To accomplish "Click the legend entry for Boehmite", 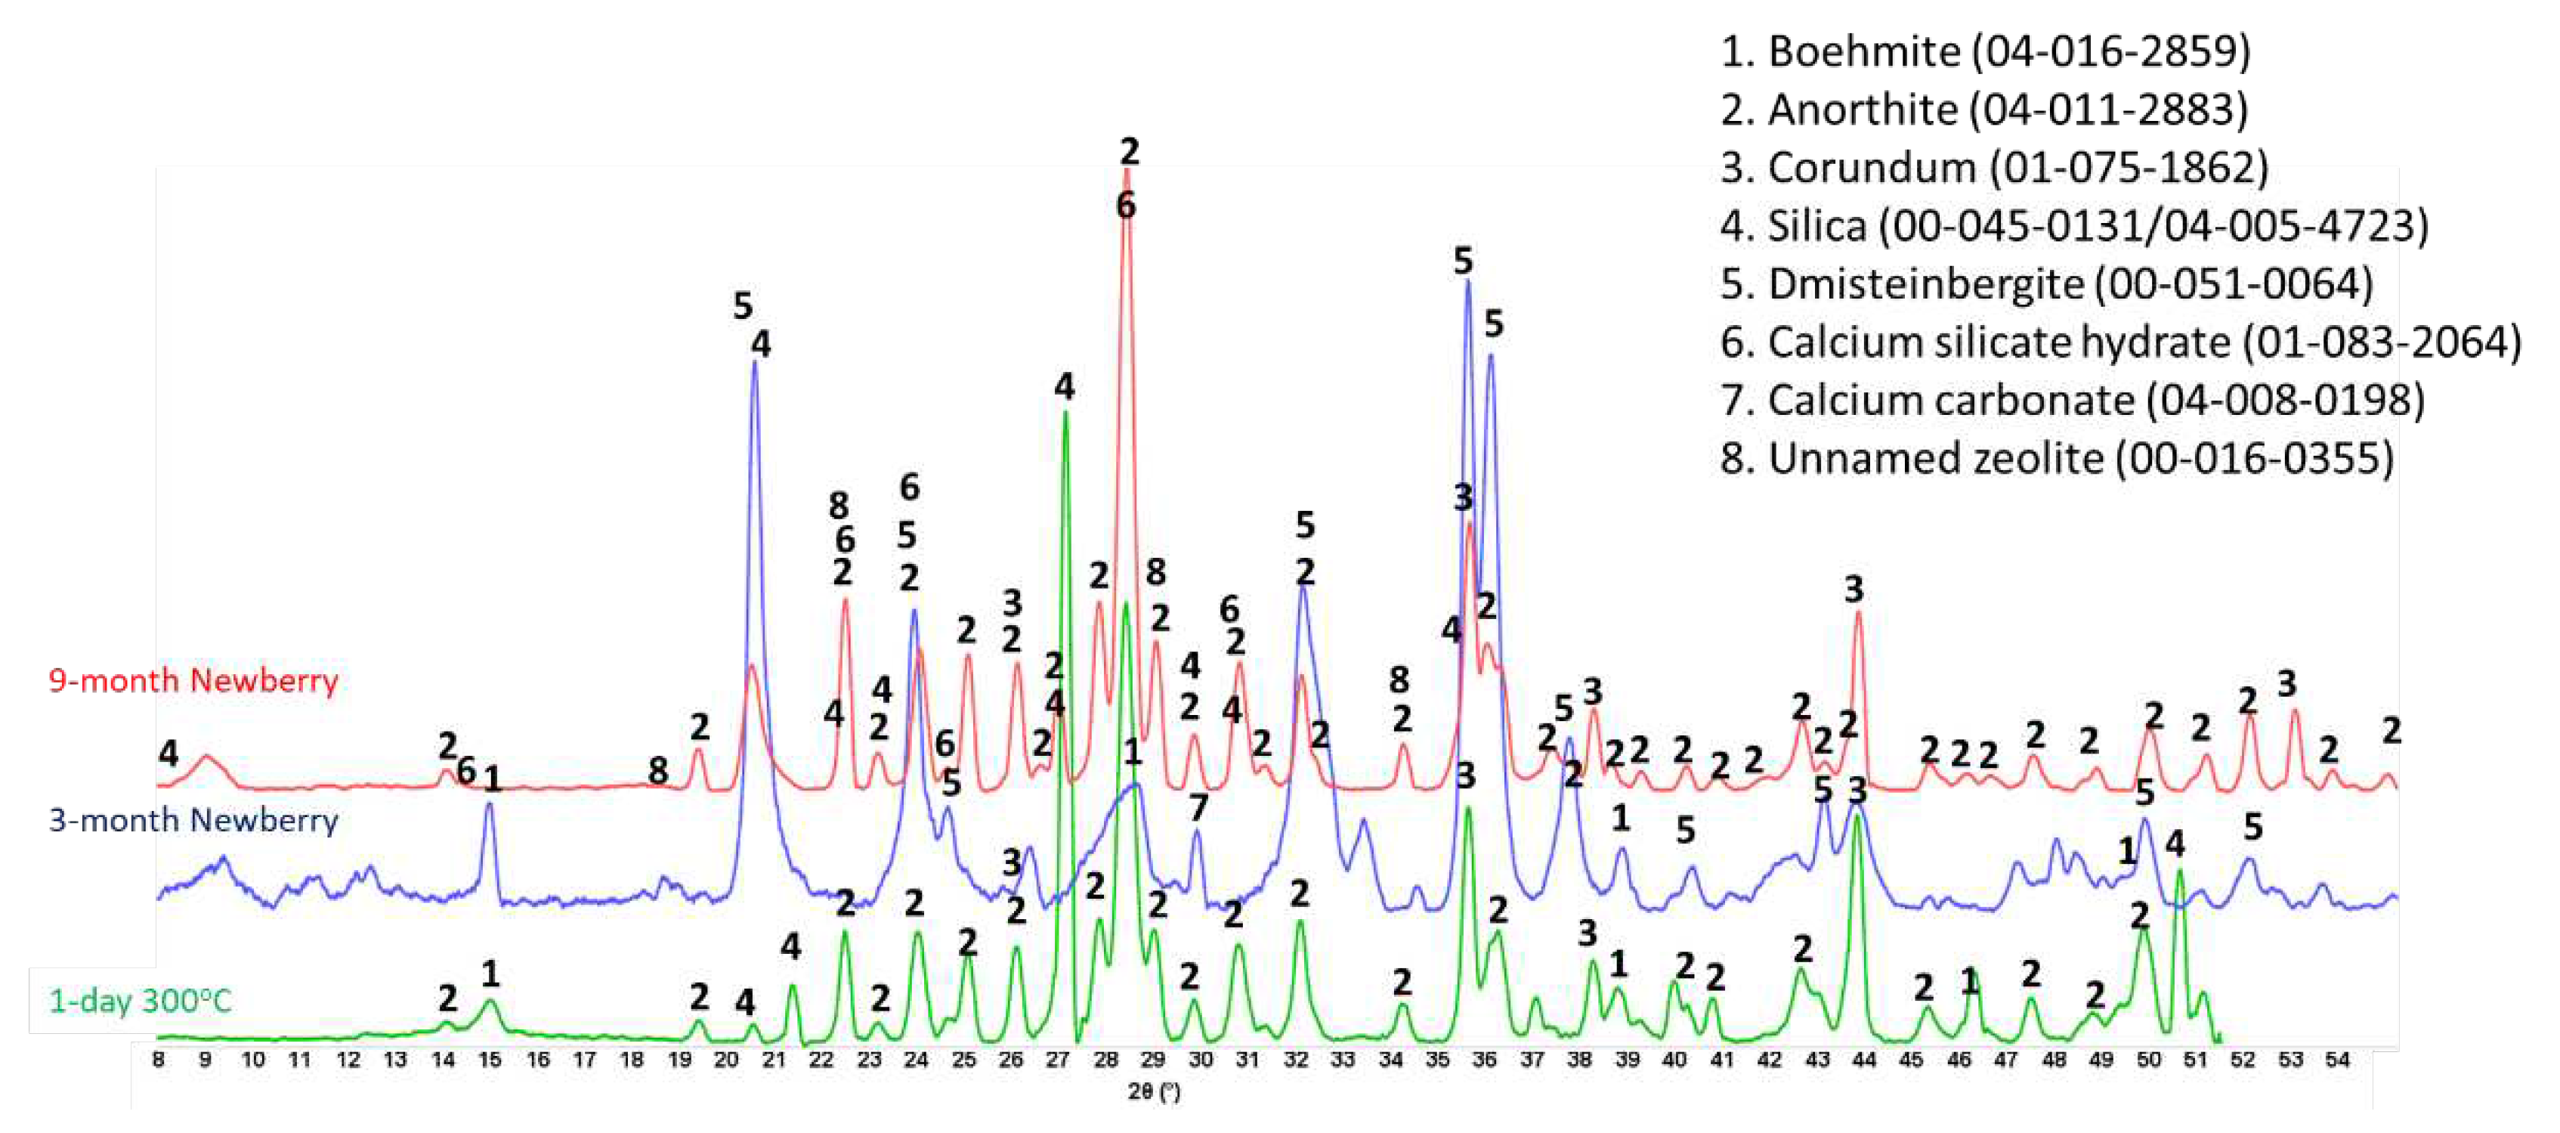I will [x=1984, y=51].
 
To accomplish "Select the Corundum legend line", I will [x=1993, y=168].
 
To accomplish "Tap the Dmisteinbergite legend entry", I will [x=2046, y=284].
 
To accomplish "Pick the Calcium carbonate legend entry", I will [x=2072, y=401].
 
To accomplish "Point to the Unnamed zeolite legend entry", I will [x=2056, y=458].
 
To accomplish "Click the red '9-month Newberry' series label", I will [x=193, y=681].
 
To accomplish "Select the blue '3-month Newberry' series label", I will [x=193, y=820].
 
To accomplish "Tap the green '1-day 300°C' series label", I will [x=140, y=1000].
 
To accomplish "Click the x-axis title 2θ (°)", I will [x=1154, y=1091].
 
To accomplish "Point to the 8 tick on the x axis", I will [x=159, y=1060].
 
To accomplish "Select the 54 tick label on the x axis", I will [x=2336, y=1060].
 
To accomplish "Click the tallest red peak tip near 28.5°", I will [x=1126, y=171].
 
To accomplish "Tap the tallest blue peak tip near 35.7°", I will [x=1467, y=282].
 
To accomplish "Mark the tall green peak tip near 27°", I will [x=1065, y=411].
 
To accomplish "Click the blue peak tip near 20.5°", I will [x=754, y=362].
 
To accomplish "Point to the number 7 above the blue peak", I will [x=1198, y=808].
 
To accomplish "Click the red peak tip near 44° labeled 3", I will [x=1857, y=613].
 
